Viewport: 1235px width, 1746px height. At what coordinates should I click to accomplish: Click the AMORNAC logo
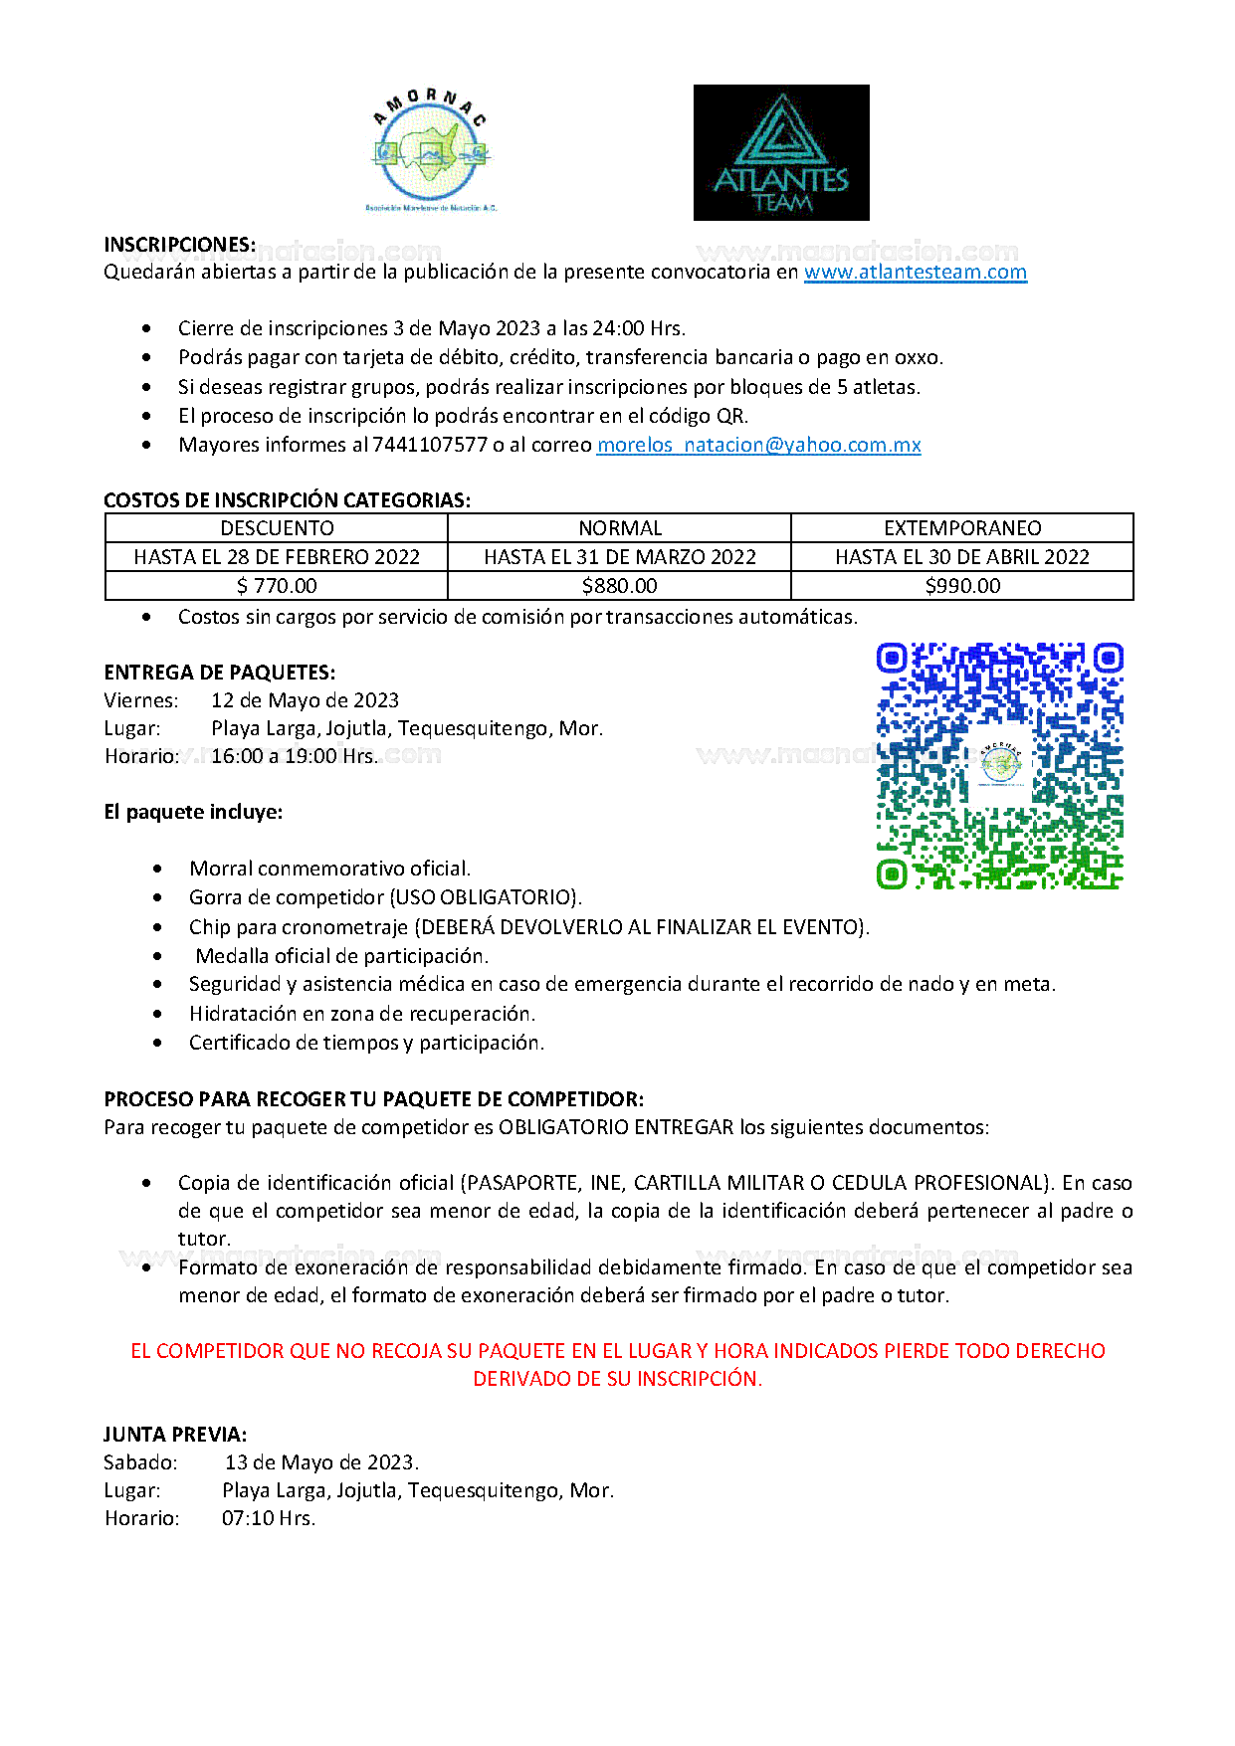pyautogui.click(x=430, y=151)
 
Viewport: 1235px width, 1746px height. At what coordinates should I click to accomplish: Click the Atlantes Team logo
pyautogui.click(x=781, y=152)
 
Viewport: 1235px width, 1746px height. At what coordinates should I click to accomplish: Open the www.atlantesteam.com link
pyautogui.click(x=915, y=272)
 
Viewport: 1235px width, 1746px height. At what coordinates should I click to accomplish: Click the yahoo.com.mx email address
pyautogui.click(x=758, y=445)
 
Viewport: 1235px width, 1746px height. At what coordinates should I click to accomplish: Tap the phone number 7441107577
pyautogui.click(x=430, y=445)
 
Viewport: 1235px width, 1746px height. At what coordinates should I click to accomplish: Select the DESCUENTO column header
pyautogui.click(x=277, y=528)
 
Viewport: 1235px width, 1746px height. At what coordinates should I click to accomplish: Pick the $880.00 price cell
pyautogui.click(x=619, y=586)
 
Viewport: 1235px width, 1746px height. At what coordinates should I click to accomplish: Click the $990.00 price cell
pyautogui.click(x=962, y=586)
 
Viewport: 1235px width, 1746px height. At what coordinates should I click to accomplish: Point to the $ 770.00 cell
pyautogui.click(x=277, y=586)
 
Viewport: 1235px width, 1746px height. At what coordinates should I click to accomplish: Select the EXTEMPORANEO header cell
pyautogui.click(x=962, y=528)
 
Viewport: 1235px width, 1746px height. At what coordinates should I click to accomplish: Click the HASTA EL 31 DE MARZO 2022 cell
pyautogui.click(x=619, y=557)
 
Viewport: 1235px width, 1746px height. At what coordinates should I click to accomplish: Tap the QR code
pyautogui.click(x=999, y=765)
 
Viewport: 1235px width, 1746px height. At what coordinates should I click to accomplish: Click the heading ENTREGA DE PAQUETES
pyautogui.click(x=219, y=673)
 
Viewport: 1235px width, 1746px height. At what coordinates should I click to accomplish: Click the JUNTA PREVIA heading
pyautogui.click(x=175, y=1435)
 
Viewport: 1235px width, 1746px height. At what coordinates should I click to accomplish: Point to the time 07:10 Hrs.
pyautogui.click(x=268, y=1518)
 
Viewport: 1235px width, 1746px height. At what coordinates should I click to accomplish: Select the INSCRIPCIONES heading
pyautogui.click(x=179, y=245)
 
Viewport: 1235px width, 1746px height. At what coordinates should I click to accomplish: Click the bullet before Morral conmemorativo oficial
pyautogui.click(x=158, y=869)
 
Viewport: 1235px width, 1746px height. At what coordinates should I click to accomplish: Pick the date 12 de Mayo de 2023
pyautogui.click(x=305, y=700)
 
